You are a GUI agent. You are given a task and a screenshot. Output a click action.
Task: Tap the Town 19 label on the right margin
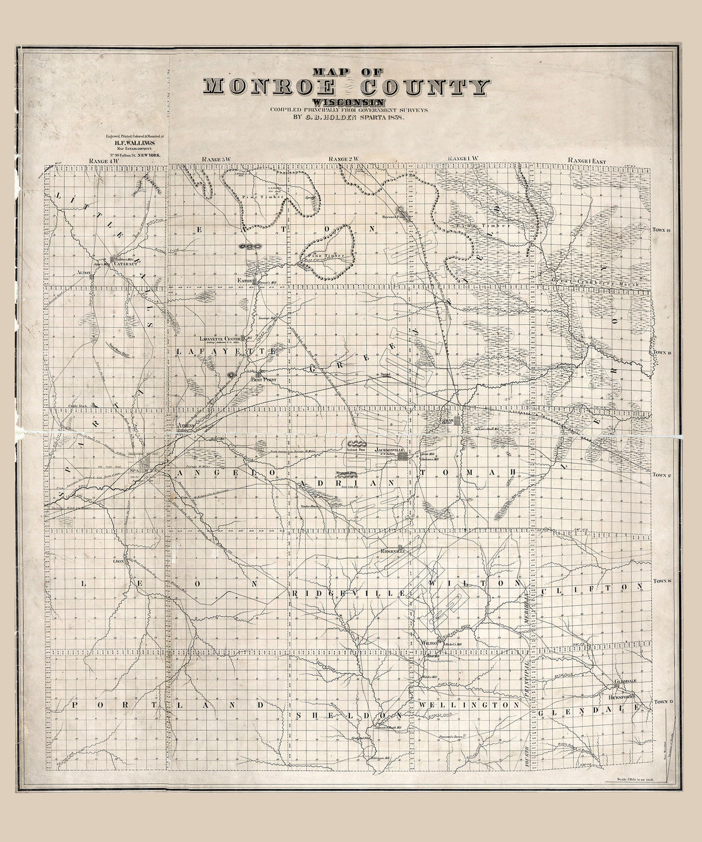(x=661, y=230)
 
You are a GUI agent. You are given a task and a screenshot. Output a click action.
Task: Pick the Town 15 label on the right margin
(x=661, y=702)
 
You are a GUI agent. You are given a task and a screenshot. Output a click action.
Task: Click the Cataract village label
(x=125, y=264)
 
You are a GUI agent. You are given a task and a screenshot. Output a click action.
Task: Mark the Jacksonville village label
(x=388, y=450)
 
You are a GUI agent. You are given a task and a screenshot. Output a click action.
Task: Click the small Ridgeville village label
(x=393, y=551)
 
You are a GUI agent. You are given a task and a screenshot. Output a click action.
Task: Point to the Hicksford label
(x=622, y=698)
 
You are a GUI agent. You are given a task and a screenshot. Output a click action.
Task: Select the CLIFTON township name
(x=592, y=587)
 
